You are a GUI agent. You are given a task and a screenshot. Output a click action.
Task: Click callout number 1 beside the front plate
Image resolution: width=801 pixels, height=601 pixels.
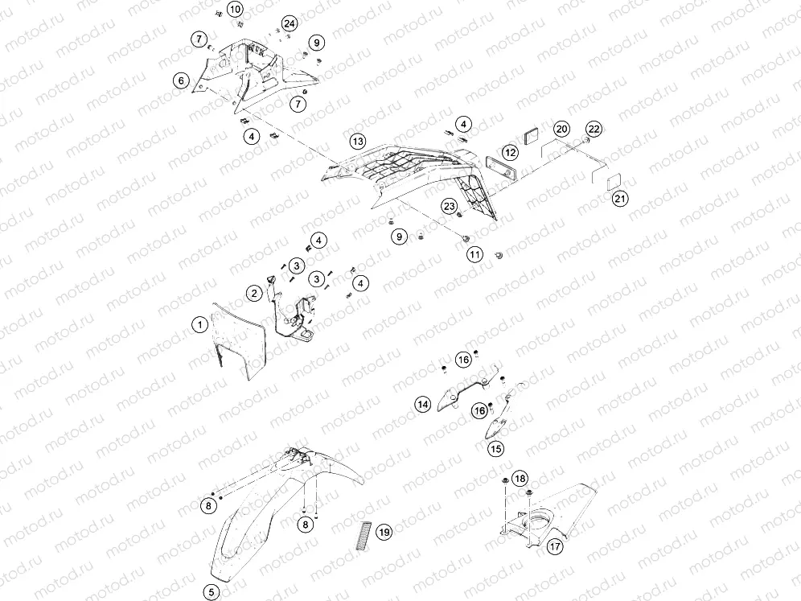[x=200, y=324]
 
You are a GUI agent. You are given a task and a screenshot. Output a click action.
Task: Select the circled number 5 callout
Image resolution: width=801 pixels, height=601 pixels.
[x=212, y=592]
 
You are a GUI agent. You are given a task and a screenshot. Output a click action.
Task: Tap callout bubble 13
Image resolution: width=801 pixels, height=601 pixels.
[x=358, y=142]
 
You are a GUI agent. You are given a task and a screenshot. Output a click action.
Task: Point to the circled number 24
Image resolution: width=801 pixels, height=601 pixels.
[x=290, y=24]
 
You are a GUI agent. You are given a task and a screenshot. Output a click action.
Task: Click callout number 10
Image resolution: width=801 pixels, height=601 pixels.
[x=234, y=9]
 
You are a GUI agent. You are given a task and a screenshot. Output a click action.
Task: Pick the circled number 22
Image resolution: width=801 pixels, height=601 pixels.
[x=594, y=128]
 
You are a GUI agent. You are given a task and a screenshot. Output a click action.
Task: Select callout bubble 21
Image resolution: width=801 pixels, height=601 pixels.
[x=620, y=198]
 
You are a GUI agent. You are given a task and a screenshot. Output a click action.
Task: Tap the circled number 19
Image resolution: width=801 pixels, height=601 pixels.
[x=384, y=533]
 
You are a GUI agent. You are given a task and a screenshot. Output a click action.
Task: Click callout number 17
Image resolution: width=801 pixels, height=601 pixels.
[x=555, y=547]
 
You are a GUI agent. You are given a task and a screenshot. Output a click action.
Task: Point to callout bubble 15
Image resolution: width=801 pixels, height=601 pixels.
[x=495, y=449]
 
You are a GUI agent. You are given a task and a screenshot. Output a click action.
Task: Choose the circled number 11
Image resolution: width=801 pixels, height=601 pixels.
[x=475, y=254]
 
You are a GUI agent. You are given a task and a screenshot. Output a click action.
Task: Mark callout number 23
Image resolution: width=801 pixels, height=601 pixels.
[x=449, y=207]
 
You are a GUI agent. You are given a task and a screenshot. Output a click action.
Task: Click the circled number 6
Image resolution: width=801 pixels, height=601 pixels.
[x=181, y=80]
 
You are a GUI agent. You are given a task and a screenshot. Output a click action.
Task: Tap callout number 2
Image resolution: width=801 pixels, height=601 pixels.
[x=254, y=294]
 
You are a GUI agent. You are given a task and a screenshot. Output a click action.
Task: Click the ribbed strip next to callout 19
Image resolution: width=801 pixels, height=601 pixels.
[x=365, y=534]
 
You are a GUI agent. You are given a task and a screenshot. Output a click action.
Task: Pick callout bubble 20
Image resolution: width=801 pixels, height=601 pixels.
[x=561, y=129]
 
